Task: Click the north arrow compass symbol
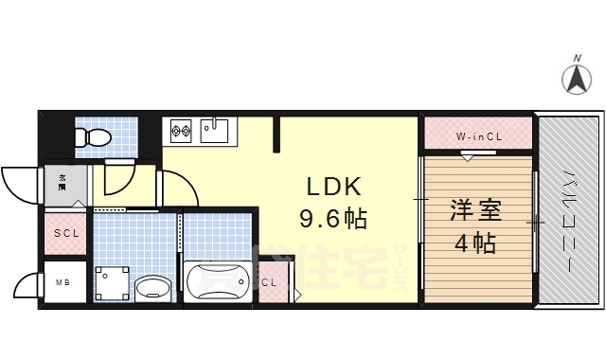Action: [x=576, y=77]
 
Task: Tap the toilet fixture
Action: [x=93, y=136]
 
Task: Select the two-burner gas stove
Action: [x=181, y=130]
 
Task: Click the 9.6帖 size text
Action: [x=332, y=220]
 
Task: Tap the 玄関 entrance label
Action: [x=62, y=182]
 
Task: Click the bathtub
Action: [x=217, y=281]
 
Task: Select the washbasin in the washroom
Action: [x=151, y=287]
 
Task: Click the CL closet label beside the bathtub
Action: [x=270, y=282]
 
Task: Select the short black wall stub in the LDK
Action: [x=277, y=134]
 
